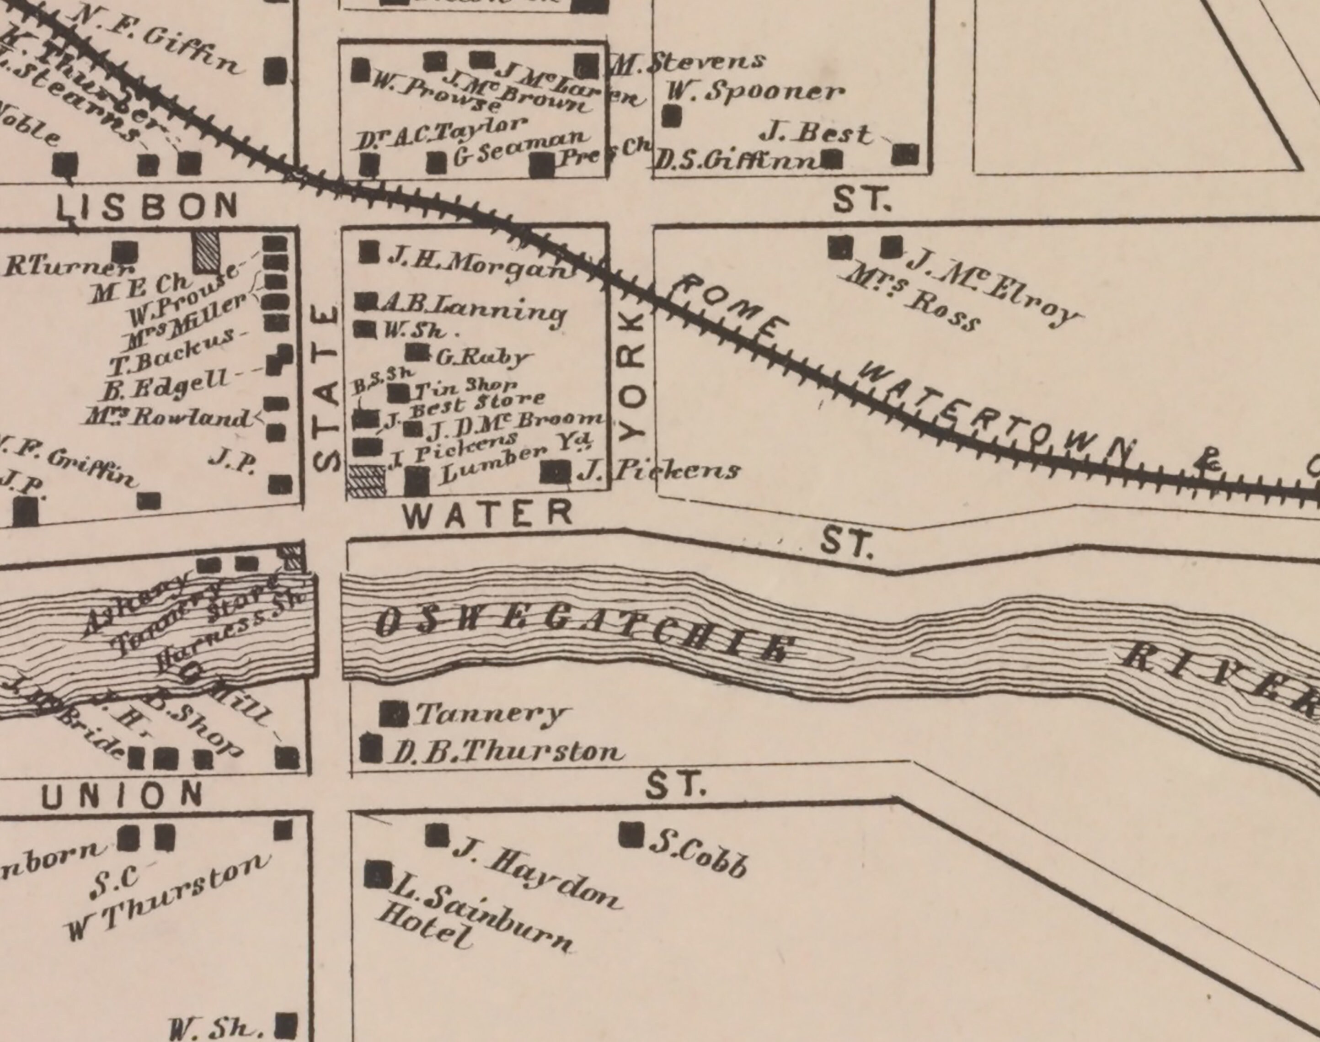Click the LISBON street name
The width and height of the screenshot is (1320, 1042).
tap(146, 206)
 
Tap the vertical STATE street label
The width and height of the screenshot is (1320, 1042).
tap(326, 388)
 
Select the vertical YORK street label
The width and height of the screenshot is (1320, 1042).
tap(632, 376)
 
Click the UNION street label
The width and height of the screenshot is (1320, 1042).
tap(122, 795)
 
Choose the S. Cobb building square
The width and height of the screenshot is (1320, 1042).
tap(631, 835)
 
